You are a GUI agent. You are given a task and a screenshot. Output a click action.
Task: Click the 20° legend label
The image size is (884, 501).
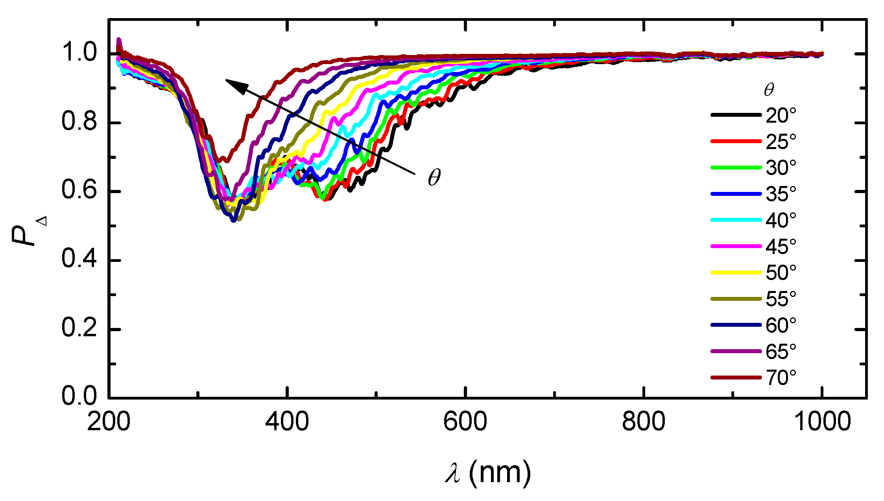point(781,116)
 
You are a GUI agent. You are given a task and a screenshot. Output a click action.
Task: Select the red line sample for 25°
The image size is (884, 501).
point(736,141)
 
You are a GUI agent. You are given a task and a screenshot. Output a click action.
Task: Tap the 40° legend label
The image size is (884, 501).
point(781,220)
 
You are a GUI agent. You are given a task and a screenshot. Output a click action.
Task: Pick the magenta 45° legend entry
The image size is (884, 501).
point(736,246)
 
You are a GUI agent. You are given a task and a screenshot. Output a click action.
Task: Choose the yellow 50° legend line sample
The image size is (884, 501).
point(736,273)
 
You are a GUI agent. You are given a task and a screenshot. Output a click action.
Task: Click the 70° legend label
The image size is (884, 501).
point(781,378)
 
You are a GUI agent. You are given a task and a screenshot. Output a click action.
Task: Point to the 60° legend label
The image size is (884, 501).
point(781,325)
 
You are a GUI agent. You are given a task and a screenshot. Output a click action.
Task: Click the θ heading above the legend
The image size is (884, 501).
point(769,90)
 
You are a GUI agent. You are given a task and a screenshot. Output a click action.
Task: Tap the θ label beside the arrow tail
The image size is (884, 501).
point(434,177)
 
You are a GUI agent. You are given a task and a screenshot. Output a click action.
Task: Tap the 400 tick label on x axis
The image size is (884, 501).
point(287,422)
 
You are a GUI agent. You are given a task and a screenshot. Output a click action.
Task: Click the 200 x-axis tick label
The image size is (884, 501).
point(108,422)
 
